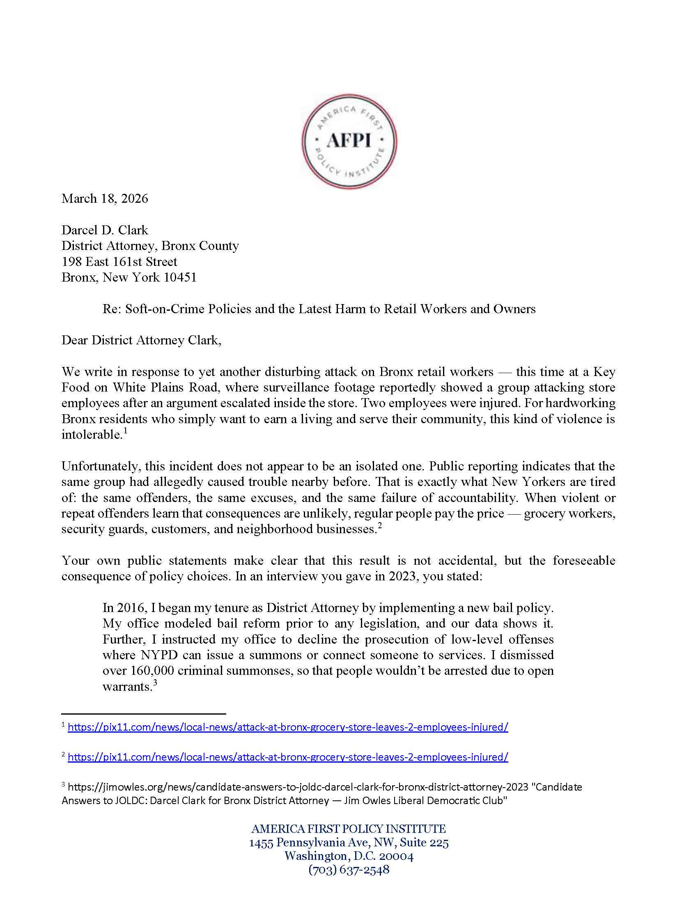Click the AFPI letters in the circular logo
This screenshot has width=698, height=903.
[x=349, y=140]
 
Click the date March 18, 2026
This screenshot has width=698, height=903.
[x=105, y=199]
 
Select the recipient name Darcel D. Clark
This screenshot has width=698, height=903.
[x=105, y=230]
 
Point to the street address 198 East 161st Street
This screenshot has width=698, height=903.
[x=119, y=261]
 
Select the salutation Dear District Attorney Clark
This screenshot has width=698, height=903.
[x=141, y=340]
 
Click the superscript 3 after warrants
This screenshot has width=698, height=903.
[x=155, y=683]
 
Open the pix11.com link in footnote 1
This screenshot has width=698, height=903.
[x=288, y=727]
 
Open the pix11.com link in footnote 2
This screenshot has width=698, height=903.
[x=288, y=757]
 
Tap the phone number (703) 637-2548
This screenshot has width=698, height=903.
[x=349, y=869]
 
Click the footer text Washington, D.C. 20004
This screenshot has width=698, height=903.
[x=349, y=856]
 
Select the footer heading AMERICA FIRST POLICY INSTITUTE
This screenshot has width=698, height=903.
[x=349, y=829]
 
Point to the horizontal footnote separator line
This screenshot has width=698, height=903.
[x=143, y=714]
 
